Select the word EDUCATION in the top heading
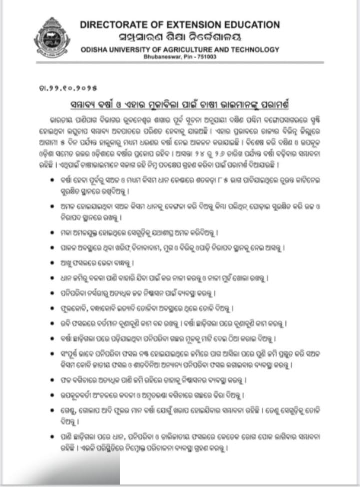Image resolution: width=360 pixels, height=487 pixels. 254,24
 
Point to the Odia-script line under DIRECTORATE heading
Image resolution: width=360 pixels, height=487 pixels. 180,36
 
